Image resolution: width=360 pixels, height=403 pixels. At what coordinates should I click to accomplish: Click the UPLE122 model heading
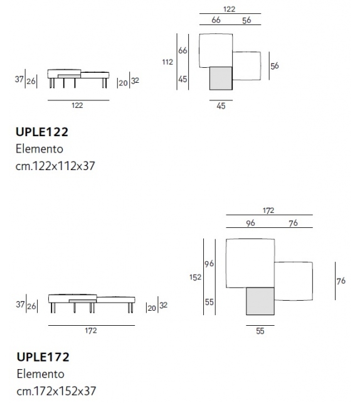pyautogui.click(x=42, y=132)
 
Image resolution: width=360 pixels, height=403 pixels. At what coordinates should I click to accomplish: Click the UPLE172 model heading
pyautogui.click(x=43, y=357)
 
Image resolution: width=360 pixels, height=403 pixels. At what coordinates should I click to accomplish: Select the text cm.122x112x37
pyautogui.click(x=55, y=166)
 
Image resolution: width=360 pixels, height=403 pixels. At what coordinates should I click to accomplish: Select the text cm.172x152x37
pyautogui.click(x=56, y=391)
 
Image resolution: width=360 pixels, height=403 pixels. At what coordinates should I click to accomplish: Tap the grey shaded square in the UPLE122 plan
pyautogui.click(x=221, y=78)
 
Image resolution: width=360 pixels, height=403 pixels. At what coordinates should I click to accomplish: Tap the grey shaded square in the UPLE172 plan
pyautogui.click(x=260, y=301)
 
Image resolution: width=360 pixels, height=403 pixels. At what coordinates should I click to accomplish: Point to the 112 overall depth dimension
pyautogui.click(x=167, y=62)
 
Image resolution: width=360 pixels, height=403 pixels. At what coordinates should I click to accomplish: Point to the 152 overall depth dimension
pyautogui.click(x=195, y=277)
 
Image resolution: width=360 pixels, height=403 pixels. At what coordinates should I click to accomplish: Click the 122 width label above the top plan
pyautogui.click(x=230, y=9)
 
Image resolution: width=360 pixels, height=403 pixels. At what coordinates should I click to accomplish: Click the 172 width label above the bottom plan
pyautogui.click(x=268, y=210)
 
